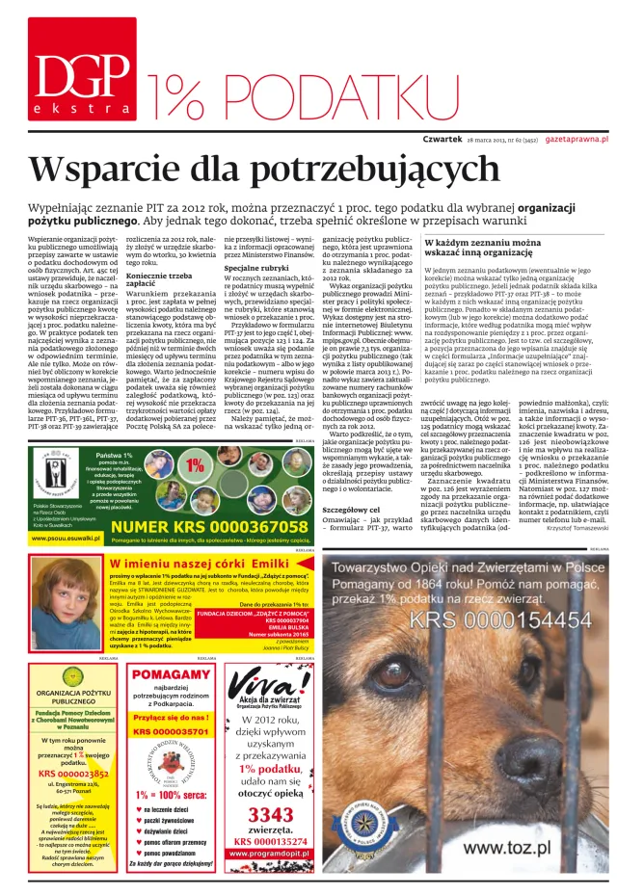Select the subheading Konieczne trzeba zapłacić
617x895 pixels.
(159, 281)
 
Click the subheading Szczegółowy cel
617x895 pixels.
(354, 509)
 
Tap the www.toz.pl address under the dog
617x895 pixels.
(506, 848)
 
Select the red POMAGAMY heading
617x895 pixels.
(170, 675)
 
